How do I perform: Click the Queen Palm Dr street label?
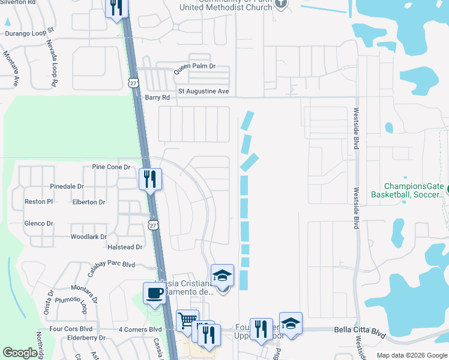194,67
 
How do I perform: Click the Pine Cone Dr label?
111,167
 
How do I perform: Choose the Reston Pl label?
39,202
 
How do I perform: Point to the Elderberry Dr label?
87,338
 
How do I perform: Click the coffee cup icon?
155,293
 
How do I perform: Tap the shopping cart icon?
187,321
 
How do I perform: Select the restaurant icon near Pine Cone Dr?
150,178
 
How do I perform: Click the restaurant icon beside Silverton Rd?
116,8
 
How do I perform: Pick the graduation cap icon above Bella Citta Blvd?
291,323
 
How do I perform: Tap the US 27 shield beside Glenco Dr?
154,224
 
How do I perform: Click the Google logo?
20,353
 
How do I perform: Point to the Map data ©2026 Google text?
411,355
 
